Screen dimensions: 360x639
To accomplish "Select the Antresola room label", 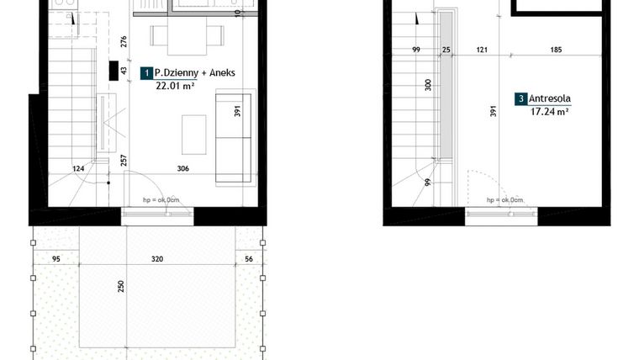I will (551, 98).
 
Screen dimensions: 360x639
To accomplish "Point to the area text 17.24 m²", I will (550, 110).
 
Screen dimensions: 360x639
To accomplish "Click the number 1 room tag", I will (146, 74).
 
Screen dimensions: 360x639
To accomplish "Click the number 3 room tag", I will (521, 99).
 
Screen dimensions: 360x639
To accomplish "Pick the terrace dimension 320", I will (156, 260).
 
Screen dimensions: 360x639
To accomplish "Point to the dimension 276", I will (124, 40).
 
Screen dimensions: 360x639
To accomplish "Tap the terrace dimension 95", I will (56, 260).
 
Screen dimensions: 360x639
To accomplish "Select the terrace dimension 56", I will (250, 260).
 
